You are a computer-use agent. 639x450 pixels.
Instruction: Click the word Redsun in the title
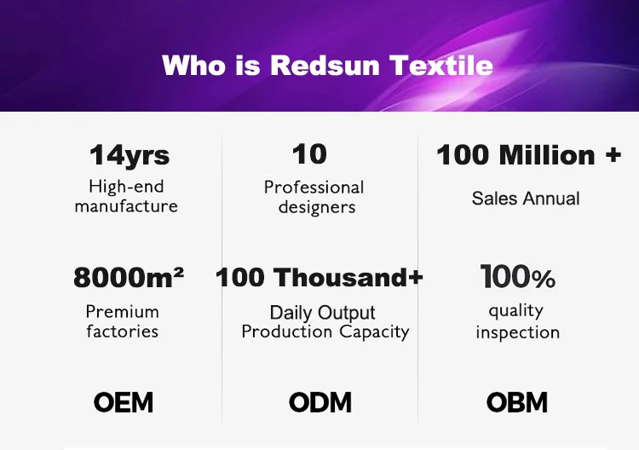(x=325, y=66)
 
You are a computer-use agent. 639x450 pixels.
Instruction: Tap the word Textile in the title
(x=441, y=66)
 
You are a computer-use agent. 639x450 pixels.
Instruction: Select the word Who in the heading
(x=193, y=66)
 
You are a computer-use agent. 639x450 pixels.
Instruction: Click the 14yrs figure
(x=130, y=155)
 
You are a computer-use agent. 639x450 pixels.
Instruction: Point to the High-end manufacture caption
(x=126, y=197)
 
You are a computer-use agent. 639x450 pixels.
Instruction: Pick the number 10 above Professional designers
(x=309, y=154)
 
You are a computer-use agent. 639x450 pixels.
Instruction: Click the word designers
(x=317, y=207)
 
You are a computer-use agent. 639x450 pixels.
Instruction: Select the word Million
(x=547, y=155)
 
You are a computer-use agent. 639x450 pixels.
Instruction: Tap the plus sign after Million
(x=613, y=155)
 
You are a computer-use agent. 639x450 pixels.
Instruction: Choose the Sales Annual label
(x=526, y=199)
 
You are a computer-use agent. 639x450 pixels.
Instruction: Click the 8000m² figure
(x=129, y=277)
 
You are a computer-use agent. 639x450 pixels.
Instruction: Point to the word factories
(x=122, y=331)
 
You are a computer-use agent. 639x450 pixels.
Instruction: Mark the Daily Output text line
(x=322, y=313)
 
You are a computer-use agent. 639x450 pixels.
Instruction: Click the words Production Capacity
(x=325, y=332)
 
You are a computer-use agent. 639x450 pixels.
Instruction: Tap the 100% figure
(x=517, y=277)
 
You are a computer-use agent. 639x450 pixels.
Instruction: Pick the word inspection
(x=518, y=332)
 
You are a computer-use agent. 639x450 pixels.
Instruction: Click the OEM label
(x=124, y=402)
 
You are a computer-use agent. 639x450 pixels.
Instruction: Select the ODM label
(x=319, y=402)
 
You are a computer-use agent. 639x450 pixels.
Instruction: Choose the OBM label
(x=517, y=402)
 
